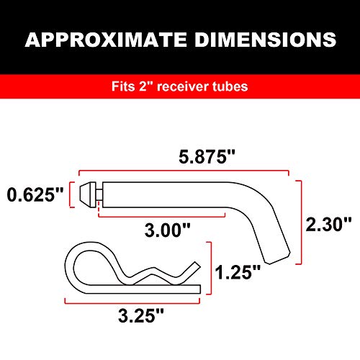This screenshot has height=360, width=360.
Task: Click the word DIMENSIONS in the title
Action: pos(262,39)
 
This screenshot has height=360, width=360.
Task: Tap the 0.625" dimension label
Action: pos(35,195)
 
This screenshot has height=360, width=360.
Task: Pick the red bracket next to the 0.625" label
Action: pos(70,195)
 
